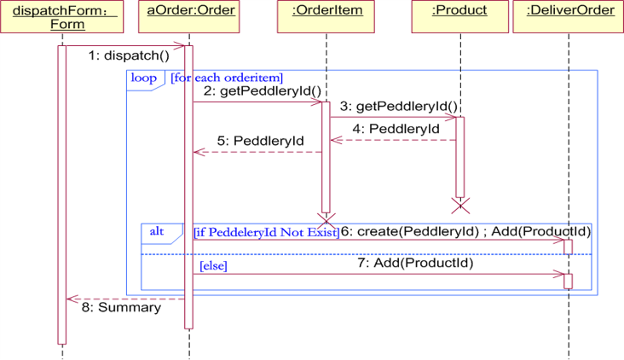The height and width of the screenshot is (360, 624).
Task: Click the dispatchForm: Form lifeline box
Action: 61,17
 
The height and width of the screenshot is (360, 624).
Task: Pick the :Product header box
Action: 459,17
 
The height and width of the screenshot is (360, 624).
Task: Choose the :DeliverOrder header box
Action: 569,17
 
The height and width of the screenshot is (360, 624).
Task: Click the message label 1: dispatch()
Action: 129,56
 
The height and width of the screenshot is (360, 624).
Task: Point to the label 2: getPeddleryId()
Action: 263,91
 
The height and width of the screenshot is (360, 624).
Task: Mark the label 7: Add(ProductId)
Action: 415,263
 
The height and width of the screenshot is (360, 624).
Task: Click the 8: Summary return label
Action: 121,307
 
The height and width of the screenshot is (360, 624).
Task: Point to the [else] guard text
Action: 213,267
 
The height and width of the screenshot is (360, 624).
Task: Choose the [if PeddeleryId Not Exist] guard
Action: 266,232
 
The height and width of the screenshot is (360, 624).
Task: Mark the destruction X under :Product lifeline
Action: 460,205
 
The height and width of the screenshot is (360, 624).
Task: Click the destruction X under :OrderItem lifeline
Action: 326,220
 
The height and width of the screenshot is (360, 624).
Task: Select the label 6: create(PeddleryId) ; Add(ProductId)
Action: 465,231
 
